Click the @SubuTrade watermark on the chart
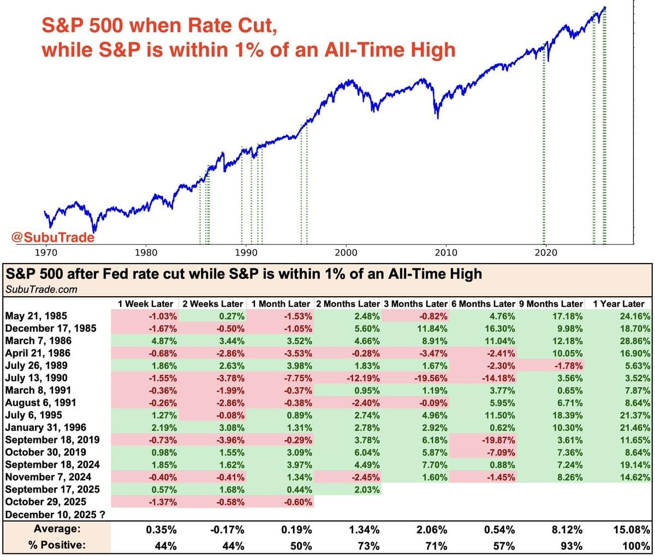click(x=52, y=238)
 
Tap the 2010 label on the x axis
click(x=446, y=253)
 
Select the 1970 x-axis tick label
click(x=46, y=253)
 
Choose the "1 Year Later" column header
click(x=618, y=304)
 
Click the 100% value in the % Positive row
click(x=638, y=546)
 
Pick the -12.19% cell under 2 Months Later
click(x=362, y=378)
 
